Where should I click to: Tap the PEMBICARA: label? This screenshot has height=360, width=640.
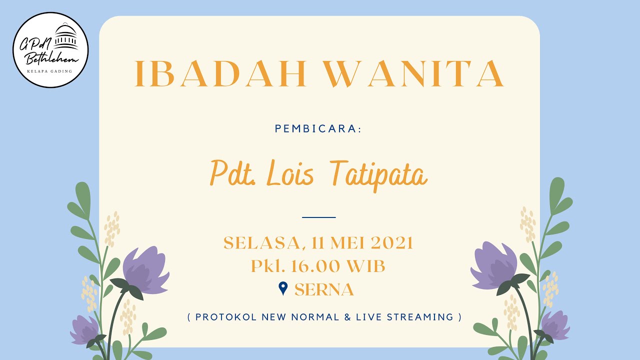(318, 129)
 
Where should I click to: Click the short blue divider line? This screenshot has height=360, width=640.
(319, 217)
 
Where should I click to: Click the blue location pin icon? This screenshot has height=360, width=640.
(283, 288)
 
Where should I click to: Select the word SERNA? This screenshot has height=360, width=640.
(324, 290)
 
